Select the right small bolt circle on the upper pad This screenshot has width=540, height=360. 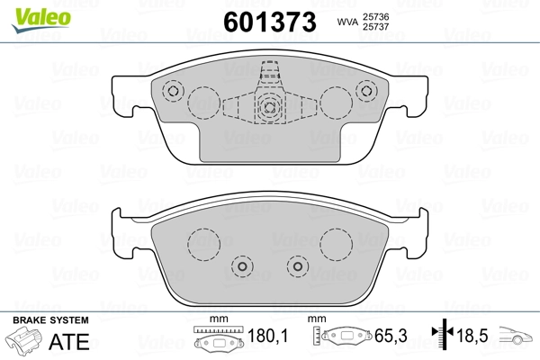click(x=365, y=91)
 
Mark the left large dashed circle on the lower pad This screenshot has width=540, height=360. click(x=203, y=241)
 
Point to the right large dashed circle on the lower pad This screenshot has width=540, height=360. click(x=336, y=241)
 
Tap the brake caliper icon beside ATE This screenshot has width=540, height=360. click(x=26, y=342)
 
